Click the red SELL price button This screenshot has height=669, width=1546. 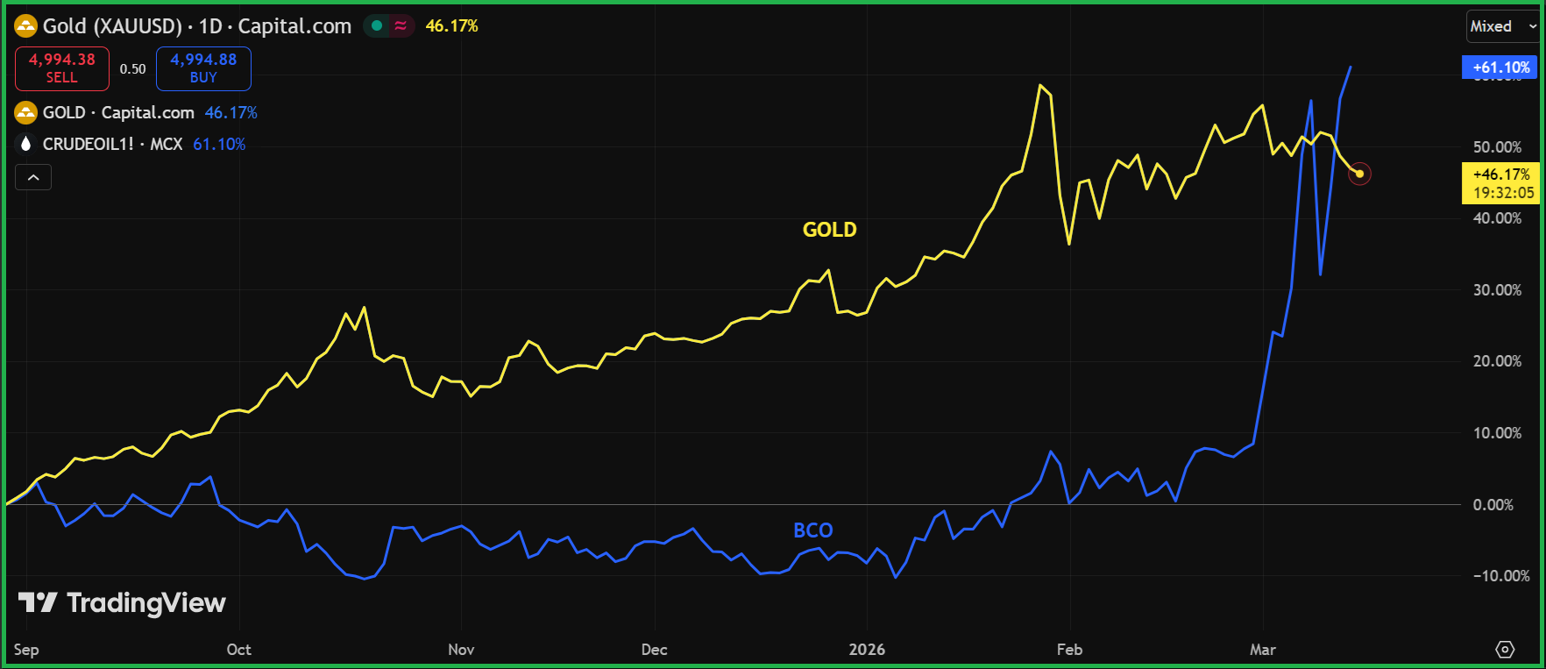pyautogui.click(x=62, y=68)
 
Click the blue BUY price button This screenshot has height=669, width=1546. pyautogui.click(x=203, y=68)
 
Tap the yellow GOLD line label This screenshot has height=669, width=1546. pyautogui.click(x=829, y=230)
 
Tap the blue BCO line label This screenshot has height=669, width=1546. pyautogui.click(x=812, y=530)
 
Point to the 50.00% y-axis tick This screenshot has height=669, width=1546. pyautogui.click(x=1497, y=147)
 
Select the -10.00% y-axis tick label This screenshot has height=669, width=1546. pyautogui.click(x=1500, y=576)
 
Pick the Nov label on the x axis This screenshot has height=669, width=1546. pyautogui.click(x=461, y=650)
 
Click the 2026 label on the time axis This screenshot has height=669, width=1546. pyautogui.click(x=867, y=650)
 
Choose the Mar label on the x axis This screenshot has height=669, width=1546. pyautogui.click(x=1262, y=650)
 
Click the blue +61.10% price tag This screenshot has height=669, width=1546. pyautogui.click(x=1500, y=68)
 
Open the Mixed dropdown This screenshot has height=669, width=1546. pyautogui.click(x=1502, y=26)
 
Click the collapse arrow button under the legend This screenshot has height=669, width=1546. pyautogui.click(x=33, y=178)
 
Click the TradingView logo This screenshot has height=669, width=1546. pyautogui.click(x=122, y=603)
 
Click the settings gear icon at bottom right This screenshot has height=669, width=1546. pyautogui.click(x=1505, y=650)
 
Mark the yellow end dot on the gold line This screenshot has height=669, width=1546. pyautogui.click(x=1359, y=174)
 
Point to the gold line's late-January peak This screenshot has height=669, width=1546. pyautogui.click(x=1039, y=85)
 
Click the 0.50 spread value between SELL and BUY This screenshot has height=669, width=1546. pyautogui.click(x=132, y=68)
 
